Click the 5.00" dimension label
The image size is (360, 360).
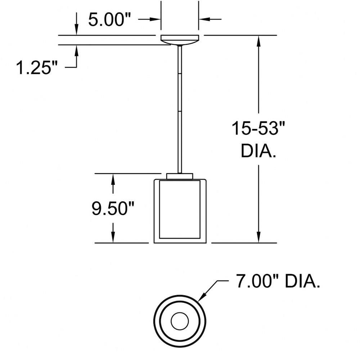[x=109, y=19]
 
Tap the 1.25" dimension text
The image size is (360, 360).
[x=37, y=68]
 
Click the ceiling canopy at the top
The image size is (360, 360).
[x=180, y=40]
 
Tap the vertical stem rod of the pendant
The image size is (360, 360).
[x=180, y=109]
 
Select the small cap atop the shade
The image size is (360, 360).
[x=180, y=176]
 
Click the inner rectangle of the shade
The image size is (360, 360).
[x=180, y=210]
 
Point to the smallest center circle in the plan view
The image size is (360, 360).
[x=180, y=321]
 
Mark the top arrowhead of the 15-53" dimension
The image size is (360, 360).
[x=258, y=41]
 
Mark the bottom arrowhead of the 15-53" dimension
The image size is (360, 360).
[x=258, y=237]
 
